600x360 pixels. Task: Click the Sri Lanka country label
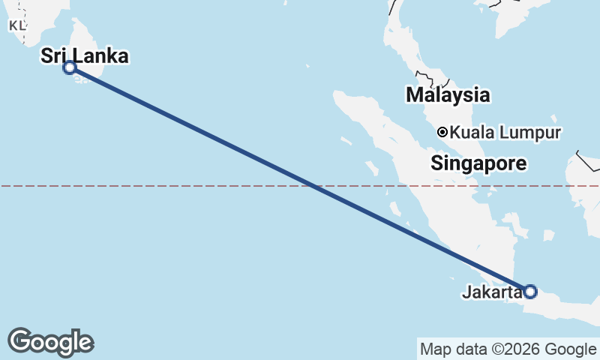tap(84, 55)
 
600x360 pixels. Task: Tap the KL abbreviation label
tap(17, 25)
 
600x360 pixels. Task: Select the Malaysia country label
tap(448, 95)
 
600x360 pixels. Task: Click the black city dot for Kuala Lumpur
tap(442, 132)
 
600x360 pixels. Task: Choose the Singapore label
tap(478, 163)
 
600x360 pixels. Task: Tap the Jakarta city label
tap(491, 292)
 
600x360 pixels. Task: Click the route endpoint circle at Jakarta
tap(530, 292)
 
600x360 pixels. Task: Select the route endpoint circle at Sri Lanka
tap(70, 67)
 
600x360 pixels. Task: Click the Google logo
tap(50, 342)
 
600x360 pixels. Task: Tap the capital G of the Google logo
tap(19, 341)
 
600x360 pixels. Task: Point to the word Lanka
tap(106, 55)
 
